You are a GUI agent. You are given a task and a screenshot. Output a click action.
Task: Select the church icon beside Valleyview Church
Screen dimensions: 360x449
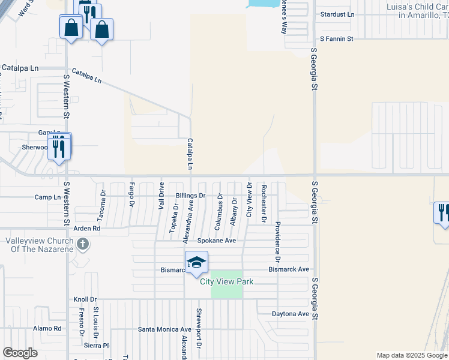83,244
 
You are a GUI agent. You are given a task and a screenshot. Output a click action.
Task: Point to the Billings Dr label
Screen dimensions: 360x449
191,196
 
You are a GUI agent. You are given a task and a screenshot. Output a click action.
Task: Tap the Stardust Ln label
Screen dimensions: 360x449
337,14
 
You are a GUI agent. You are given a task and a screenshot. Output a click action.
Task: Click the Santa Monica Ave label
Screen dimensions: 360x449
164,329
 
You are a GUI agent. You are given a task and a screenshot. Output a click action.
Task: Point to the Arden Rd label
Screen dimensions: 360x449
86,229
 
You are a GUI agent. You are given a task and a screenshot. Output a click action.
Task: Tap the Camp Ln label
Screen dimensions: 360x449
48,197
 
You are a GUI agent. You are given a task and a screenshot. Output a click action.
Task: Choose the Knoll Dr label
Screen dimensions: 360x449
85,299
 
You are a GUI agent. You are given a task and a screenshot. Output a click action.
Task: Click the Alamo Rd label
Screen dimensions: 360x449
47,328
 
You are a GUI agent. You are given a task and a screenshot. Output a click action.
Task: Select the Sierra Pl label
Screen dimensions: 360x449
97,346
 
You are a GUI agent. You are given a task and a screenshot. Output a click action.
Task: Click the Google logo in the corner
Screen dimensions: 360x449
20,353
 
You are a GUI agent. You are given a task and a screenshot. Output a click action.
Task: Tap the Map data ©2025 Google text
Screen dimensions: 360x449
411,355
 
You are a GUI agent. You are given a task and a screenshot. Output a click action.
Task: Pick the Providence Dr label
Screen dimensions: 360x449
278,242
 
